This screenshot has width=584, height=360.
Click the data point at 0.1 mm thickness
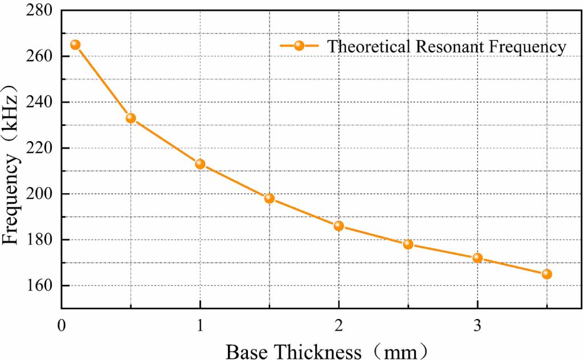click(x=75, y=44)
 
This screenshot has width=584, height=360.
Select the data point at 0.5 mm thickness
click(x=130, y=118)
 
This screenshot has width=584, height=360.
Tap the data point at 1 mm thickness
click(x=200, y=163)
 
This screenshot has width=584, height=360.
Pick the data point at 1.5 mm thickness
click(x=269, y=198)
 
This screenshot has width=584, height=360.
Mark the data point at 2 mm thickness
click(x=339, y=226)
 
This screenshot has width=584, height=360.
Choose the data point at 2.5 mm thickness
click(x=408, y=244)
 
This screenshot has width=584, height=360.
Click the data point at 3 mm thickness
click(x=477, y=257)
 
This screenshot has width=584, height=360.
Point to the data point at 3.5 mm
click(x=547, y=274)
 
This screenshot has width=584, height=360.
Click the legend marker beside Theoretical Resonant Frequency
click(x=299, y=46)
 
